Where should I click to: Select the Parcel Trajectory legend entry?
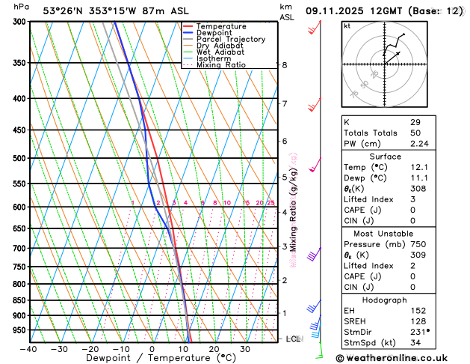[x=230, y=40]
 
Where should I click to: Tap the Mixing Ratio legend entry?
[x=221, y=65]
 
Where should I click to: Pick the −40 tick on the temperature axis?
[x=28, y=349]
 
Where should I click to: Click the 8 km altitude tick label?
[x=284, y=65]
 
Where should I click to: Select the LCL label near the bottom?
[x=294, y=339]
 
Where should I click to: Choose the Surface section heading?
[x=385, y=156]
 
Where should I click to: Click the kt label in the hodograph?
[x=347, y=26]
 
